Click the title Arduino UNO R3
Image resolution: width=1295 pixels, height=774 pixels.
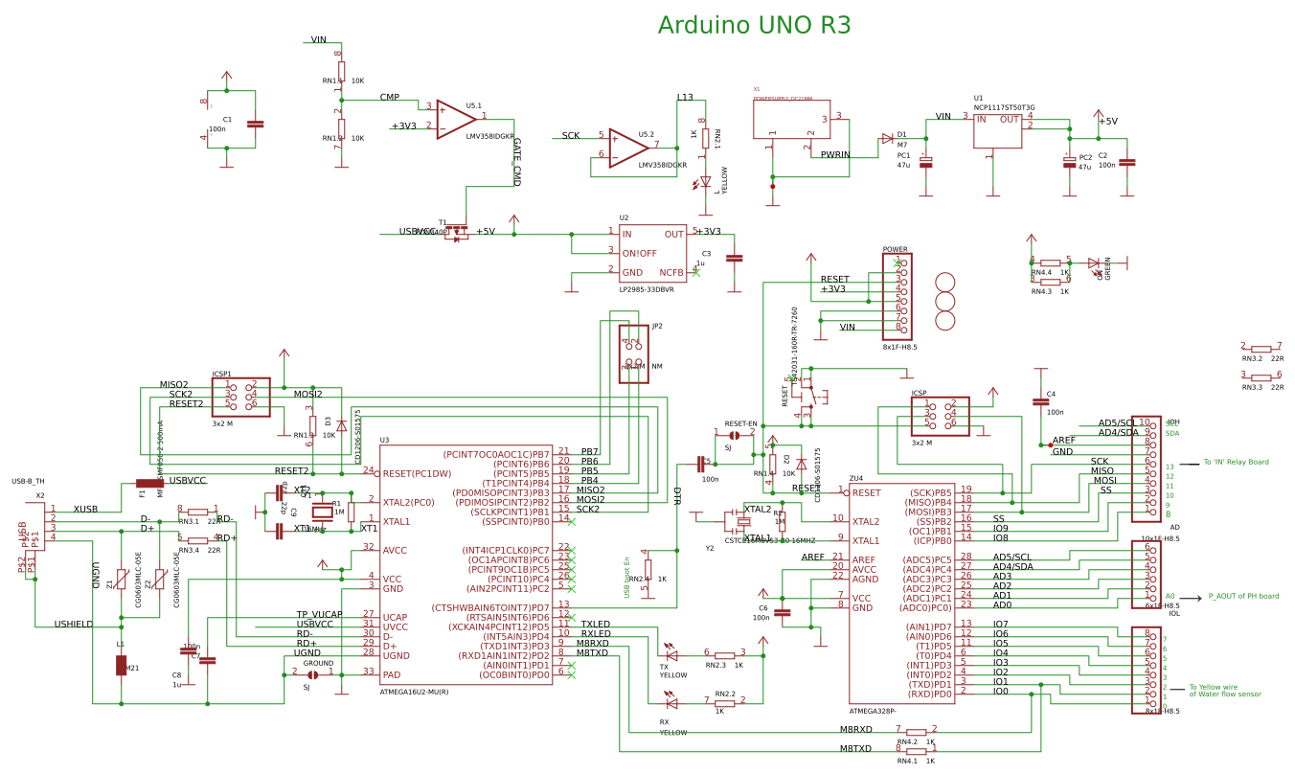click(754, 26)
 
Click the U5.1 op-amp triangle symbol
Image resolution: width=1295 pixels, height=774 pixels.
click(456, 119)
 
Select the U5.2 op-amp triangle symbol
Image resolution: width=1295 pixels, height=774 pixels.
click(628, 148)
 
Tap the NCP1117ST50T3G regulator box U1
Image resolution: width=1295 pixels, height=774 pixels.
click(997, 131)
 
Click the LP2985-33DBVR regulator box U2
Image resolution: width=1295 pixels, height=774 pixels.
click(652, 253)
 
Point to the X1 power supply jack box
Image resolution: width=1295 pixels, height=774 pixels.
click(791, 120)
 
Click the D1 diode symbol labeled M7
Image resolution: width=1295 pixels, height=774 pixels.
click(887, 139)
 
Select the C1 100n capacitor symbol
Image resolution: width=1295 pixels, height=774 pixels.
click(255, 124)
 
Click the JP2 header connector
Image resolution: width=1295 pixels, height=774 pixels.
click(633, 353)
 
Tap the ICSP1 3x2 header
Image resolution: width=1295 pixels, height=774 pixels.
click(240, 396)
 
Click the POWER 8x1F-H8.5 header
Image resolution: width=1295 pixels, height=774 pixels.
click(897, 296)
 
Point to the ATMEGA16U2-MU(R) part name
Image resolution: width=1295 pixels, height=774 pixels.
click(414, 691)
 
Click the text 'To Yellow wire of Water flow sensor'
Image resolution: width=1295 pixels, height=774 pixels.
click(1224, 690)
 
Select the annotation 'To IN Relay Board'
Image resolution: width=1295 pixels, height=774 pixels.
click(1236, 462)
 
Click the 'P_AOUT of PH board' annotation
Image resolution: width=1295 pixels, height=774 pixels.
click(1242, 596)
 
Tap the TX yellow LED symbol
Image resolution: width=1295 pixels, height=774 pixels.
click(671, 655)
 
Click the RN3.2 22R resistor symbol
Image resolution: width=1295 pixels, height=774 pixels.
click(1261, 350)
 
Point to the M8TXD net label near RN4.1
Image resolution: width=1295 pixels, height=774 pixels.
click(855, 749)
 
